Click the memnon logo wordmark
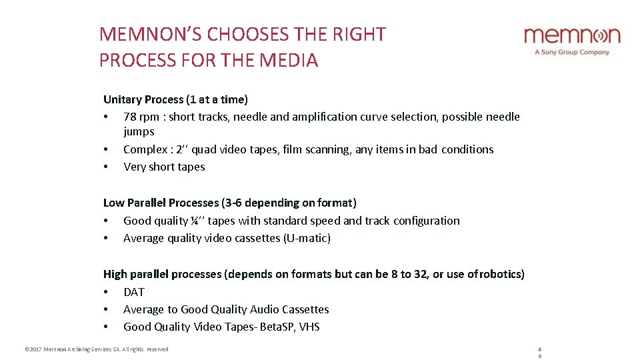572,35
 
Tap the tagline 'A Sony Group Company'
572,52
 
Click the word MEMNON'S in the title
151,35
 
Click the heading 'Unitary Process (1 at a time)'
175,99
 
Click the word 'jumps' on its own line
139,131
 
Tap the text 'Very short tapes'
164,167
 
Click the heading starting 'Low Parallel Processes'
229,203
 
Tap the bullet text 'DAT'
134,292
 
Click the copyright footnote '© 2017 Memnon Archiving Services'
96,349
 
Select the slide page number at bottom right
539,352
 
